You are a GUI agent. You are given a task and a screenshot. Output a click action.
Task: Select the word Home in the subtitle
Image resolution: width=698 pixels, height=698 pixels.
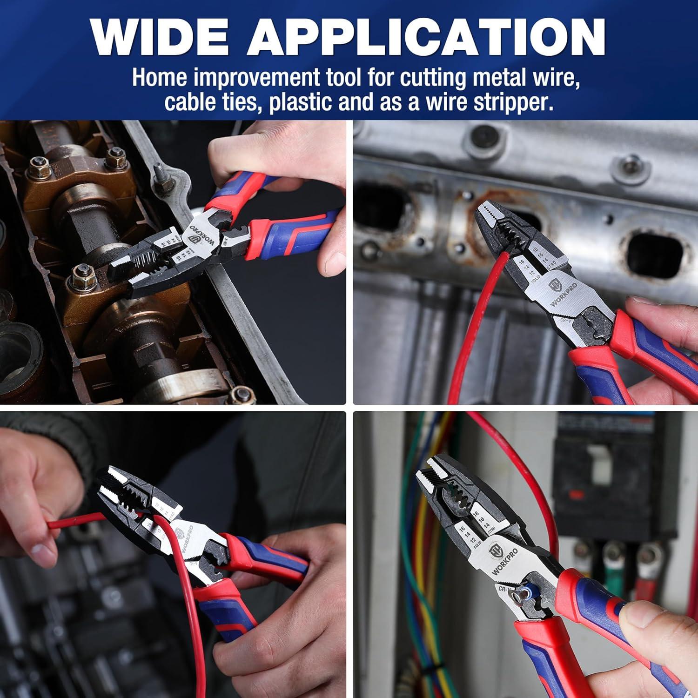(160, 78)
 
